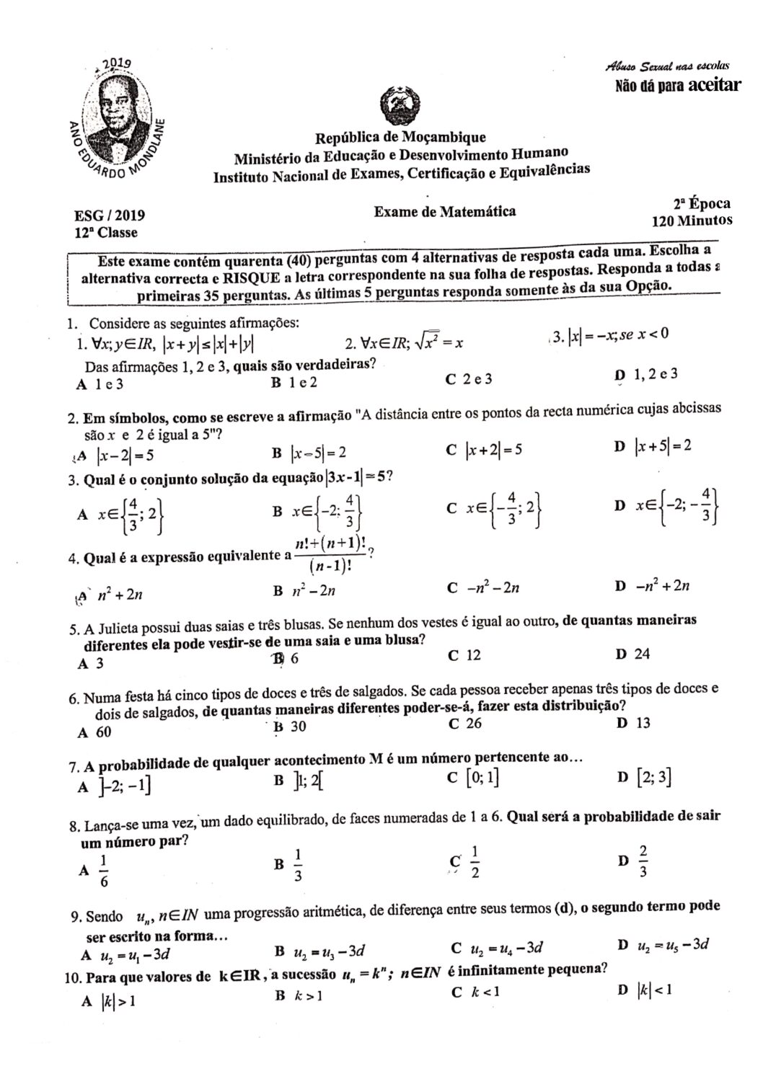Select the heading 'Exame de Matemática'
[444, 211]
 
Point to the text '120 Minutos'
[692, 220]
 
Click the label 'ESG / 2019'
[110, 215]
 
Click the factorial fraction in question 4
[332, 554]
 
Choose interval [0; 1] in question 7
[483, 778]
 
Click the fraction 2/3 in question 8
[643, 862]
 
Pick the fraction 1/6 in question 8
[103, 871]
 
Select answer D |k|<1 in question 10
[655, 990]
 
